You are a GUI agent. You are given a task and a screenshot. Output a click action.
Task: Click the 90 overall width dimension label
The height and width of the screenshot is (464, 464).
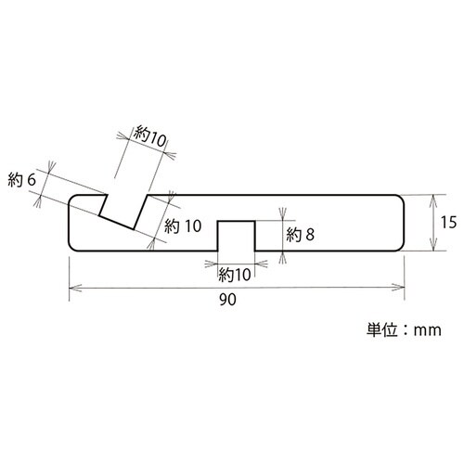[x=227, y=300]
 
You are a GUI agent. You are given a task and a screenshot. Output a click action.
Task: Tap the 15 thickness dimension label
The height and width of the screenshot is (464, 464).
[x=448, y=222]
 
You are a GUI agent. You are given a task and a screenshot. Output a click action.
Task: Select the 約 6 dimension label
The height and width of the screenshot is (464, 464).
[x=22, y=180]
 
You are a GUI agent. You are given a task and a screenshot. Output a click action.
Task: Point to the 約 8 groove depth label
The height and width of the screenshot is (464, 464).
[x=300, y=235]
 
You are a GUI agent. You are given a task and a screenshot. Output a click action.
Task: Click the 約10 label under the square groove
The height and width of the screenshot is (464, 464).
[x=235, y=275]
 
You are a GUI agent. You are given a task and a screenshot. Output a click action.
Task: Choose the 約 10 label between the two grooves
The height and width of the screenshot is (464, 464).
[x=183, y=226]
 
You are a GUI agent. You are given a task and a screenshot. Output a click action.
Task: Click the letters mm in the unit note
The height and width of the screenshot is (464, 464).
[x=428, y=330]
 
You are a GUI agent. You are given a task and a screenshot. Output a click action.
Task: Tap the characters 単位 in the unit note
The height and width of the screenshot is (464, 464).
[x=382, y=329]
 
